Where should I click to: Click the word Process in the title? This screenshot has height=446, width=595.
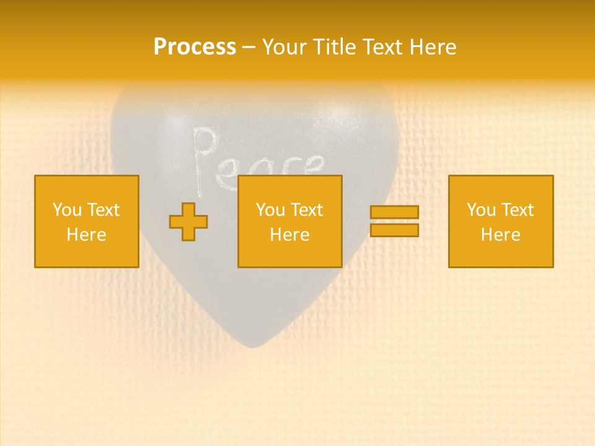click(x=195, y=47)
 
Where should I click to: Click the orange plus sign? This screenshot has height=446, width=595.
click(x=188, y=222)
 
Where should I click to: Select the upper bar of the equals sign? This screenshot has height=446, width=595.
click(x=394, y=212)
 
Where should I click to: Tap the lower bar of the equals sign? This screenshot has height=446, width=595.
click(x=394, y=230)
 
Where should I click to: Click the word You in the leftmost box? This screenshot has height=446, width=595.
click(x=67, y=210)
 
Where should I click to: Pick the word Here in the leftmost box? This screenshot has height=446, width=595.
click(x=86, y=235)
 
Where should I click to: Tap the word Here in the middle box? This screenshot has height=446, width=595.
click(x=289, y=235)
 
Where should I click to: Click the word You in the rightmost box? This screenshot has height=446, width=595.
click(x=481, y=210)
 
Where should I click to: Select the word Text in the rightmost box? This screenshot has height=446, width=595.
click(x=518, y=210)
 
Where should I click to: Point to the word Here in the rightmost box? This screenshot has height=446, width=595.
click(x=500, y=235)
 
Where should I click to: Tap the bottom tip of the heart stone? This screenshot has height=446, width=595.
click(x=251, y=345)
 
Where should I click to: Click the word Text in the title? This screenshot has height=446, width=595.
click(x=379, y=47)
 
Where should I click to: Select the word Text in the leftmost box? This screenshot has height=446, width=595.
click(x=104, y=210)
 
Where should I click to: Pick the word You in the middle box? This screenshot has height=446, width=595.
click(x=270, y=210)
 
